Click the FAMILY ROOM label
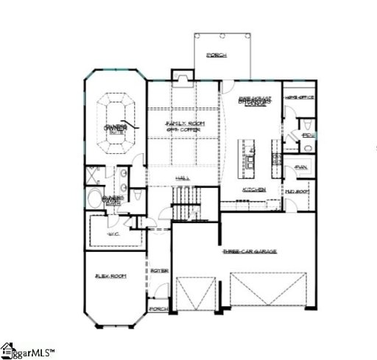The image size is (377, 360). (185, 124)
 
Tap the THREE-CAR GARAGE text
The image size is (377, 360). (250, 252)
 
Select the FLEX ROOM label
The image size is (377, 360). (110, 276)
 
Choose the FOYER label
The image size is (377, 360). (160, 272)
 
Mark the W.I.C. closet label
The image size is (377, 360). (113, 233)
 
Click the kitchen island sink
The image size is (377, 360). (250, 158)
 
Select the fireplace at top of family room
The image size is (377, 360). (181, 77)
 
